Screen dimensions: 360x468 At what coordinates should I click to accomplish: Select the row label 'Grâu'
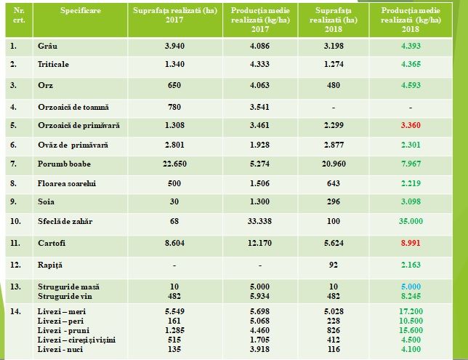point(47,46)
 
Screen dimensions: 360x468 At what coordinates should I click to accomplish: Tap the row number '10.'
point(15,220)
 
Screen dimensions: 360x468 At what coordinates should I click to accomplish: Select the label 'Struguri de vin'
point(69,296)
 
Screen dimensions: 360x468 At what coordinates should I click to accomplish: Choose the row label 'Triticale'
point(54,64)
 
